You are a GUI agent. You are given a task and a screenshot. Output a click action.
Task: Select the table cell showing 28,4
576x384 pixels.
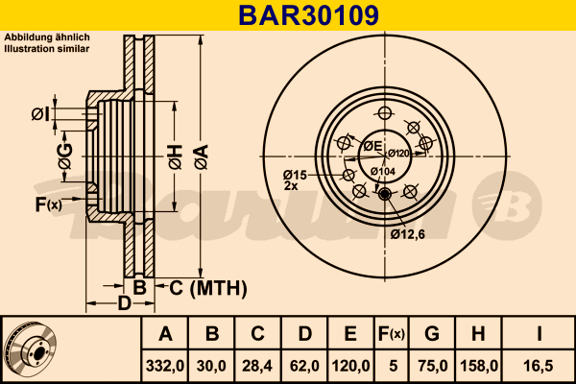pyautogui.click(x=257, y=365)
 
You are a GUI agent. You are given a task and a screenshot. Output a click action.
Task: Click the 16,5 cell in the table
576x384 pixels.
pyautogui.click(x=540, y=365)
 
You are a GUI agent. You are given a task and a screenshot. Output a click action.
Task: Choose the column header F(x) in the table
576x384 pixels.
pyautogui.click(x=391, y=334)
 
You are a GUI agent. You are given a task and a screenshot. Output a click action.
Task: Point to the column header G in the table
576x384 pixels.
pyautogui.click(x=432, y=334)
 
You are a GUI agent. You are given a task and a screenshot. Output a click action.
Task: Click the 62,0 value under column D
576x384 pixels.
pyautogui.click(x=304, y=365)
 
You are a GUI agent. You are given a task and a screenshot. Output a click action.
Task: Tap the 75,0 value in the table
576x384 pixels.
pyautogui.click(x=432, y=365)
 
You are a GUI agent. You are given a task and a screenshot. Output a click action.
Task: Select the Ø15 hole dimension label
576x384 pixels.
pyautogui.click(x=294, y=174)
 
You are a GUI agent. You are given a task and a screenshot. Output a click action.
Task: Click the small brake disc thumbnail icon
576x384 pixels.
pyautogui.click(x=30, y=349)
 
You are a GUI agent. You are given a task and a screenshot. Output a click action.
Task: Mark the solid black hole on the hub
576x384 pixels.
pyautogui.click(x=386, y=196)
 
